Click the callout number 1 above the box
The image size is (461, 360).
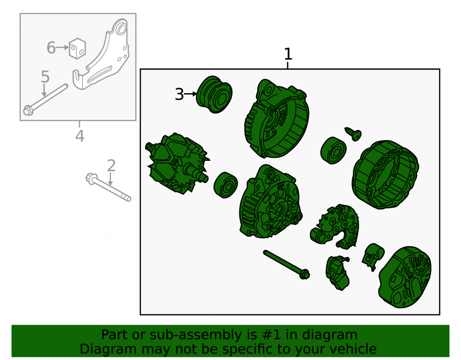[288, 54]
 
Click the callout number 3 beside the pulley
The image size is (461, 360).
[179, 94]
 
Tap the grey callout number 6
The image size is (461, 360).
[51, 47]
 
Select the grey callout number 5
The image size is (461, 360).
[45, 77]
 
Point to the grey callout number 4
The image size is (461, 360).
[80, 136]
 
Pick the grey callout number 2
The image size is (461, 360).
[111, 165]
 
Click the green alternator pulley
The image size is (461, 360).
[214, 94]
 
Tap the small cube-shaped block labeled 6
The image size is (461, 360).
[77, 48]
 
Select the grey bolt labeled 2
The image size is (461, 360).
[108, 187]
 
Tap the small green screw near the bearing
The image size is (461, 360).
[353, 134]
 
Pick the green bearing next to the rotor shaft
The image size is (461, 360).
[225, 185]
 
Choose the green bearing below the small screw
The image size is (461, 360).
[333, 150]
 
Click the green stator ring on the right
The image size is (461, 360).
[385, 175]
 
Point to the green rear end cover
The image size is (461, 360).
[405, 277]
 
